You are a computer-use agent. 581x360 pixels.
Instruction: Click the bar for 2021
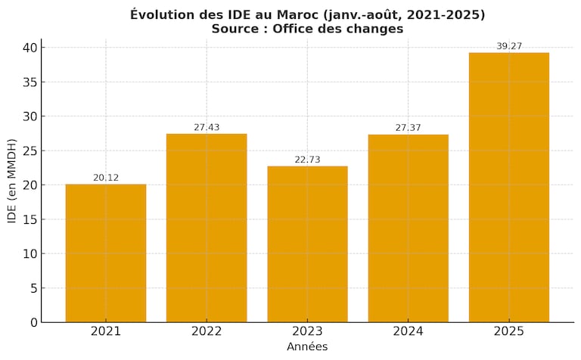click(x=106, y=253)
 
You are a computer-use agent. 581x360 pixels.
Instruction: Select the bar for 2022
click(x=207, y=228)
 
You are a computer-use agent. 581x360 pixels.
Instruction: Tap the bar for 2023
click(x=307, y=244)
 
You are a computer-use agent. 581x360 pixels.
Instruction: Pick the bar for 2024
click(x=409, y=228)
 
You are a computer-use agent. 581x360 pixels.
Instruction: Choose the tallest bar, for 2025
click(x=509, y=187)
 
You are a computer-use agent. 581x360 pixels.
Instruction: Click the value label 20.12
click(x=106, y=178)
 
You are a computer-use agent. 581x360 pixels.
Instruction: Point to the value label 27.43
click(x=207, y=127)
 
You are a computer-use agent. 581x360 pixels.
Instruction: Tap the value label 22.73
click(x=307, y=160)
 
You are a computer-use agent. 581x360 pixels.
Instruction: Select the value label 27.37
click(x=409, y=128)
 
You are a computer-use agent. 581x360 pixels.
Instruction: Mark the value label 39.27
click(x=509, y=46)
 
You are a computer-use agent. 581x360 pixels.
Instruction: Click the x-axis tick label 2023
click(x=307, y=331)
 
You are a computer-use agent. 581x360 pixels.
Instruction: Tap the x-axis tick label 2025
click(x=509, y=331)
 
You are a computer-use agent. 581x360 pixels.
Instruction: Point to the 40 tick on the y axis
click(x=28, y=48)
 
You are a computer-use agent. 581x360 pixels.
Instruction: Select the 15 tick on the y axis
click(x=28, y=219)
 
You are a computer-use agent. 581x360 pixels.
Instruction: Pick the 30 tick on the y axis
click(x=28, y=116)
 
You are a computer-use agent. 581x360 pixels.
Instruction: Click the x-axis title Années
click(x=307, y=346)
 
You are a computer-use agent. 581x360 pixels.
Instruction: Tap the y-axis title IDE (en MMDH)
click(x=12, y=181)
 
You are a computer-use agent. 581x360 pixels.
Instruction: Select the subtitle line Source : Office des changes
click(x=307, y=29)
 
